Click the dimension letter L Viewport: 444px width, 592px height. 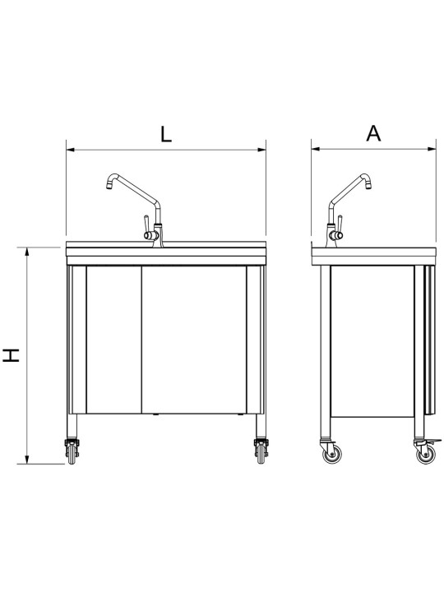pyautogui.click(x=166, y=134)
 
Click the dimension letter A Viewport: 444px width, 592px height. pyautogui.click(x=373, y=133)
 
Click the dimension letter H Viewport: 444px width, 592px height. pyautogui.click(x=12, y=355)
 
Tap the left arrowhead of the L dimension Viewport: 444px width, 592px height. pyautogui.click(x=71, y=150)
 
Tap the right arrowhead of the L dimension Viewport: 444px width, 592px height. pyautogui.click(x=261, y=150)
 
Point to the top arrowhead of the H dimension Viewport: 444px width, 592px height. pyautogui.click(x=27, y=252)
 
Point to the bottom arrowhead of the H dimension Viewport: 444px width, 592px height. pyautogui.click(x=27, y=459)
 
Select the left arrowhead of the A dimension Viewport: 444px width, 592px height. pyautogui.click(x=316, y=150)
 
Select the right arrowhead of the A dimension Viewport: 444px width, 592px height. pyautogui.click(x=432, y=150)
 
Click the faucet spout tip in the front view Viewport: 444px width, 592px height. pyautogui.click(x=109, y=186)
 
